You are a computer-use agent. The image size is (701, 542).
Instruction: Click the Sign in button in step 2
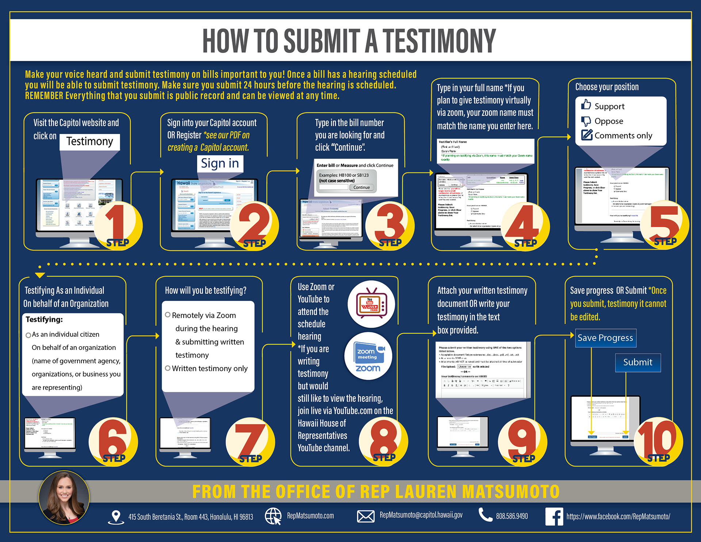[x=220, y=163]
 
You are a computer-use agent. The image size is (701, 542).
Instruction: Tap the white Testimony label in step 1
[x=90, y=141]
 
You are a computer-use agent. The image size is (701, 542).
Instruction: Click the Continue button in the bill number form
[x=361, y=187]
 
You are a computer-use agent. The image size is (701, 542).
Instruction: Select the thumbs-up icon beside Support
[x=586, y=105]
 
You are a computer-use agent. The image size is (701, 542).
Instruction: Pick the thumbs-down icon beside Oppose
[x=586, y=121]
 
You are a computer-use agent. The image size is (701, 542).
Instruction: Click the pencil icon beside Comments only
[x=587, y=135]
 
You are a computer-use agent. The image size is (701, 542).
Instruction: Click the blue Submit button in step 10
[x=637, y=362]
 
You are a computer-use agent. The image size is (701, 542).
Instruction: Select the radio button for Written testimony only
[x=168, y=368]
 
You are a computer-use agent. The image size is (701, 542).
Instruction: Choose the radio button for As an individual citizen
[x=28, y=335]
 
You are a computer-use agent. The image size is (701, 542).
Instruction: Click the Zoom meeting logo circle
[x=368, y=356]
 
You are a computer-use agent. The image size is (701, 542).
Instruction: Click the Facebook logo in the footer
[x=554, y=516]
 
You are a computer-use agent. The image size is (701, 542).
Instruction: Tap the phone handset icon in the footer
[x=485, y=515]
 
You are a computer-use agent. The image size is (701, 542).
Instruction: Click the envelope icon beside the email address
[x=365, y=516]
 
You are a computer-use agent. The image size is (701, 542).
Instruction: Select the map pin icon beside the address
[x=116, y=516]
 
